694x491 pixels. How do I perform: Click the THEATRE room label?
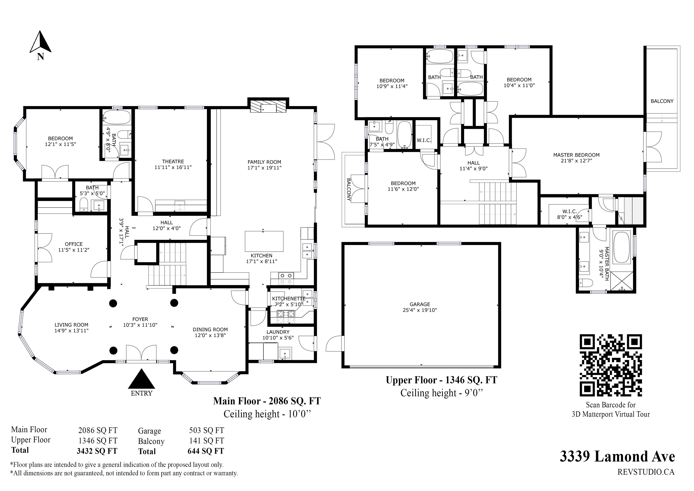click(x=173, y=162)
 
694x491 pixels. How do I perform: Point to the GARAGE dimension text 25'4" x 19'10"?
click(x=420, y=310)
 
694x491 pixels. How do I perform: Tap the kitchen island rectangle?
click(x=264, y=241)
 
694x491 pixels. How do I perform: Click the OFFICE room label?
click(x=74, y=244)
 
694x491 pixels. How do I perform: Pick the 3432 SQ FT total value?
click(x=97, y=451)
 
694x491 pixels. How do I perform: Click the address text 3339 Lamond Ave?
click(x=617, y=456)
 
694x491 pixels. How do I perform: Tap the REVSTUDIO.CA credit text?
click(x=646, y=472)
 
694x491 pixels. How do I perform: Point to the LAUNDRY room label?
click(x=278, y=332)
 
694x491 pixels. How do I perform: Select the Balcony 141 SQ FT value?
click(x=207, y=441)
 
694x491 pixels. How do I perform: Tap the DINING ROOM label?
click(x=210, y=329)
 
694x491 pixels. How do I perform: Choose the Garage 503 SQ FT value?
click(x=207, y=430)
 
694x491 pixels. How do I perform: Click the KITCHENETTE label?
click(x=289, y=299)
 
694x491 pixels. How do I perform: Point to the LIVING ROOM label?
click(x=72, y=325)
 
